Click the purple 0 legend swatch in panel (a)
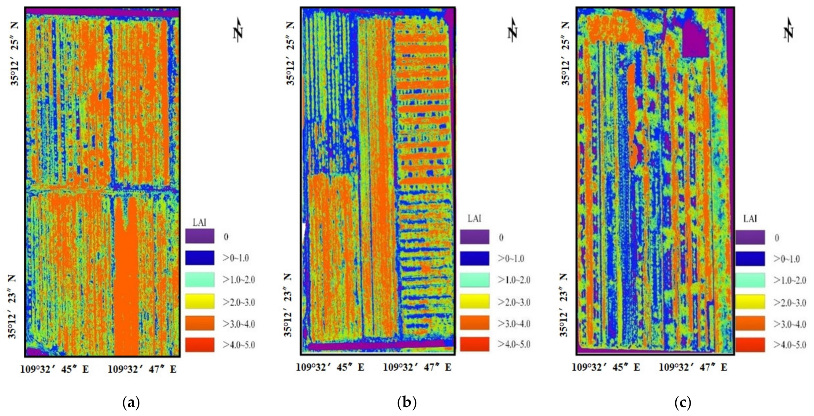(x=199, y=236)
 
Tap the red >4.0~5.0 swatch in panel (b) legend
(x=474, y=344)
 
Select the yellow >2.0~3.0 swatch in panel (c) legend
(x=750, y=302)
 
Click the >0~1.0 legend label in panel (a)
(x=236, y=258)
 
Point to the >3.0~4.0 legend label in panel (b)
(x=514, y=324)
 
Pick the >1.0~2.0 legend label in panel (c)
(x=790, y=280)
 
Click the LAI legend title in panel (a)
(x=199, y=223)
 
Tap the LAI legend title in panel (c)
(x=750, y=219)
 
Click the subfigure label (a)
(x=131, y=403)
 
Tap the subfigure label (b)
(x=407, y=403)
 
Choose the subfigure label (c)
(x=682, y=403)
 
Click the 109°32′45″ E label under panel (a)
(x=55, y=369)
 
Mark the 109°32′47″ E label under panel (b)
(x=417, y=367)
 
